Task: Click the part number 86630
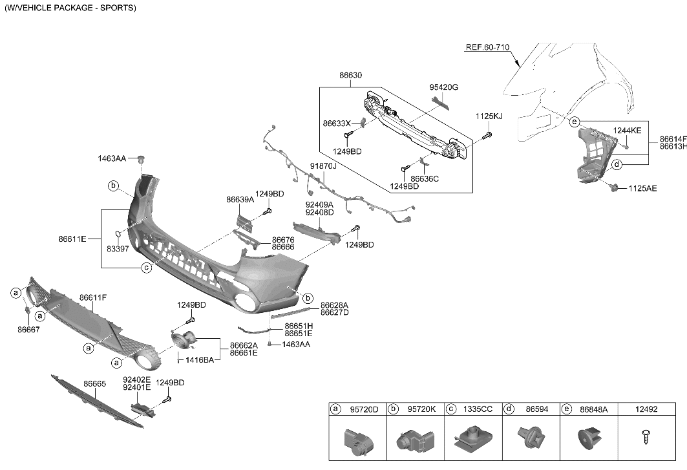point(351,76)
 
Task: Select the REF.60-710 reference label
point(487,47)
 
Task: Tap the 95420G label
point(444,87)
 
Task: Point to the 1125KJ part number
point(489,116)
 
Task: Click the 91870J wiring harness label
point(323,166)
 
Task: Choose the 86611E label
point(72,239)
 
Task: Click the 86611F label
point(93,297)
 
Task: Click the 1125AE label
point(642,188)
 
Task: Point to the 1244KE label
point(627,131)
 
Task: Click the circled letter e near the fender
point(574,122)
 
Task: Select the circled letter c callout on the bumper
point(147,267)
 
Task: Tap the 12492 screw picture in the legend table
point(646,438)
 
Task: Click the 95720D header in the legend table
point(364,409)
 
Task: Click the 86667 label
point(29,329)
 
